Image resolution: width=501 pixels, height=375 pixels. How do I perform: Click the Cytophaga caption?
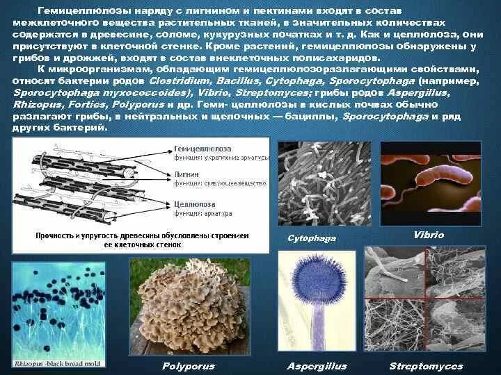pos(312,238)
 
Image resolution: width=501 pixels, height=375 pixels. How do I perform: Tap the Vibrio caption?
pos(428,235)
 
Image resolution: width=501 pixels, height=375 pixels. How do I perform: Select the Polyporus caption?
pos(187,366)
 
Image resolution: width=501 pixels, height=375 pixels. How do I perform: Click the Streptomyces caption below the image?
pos(425,366)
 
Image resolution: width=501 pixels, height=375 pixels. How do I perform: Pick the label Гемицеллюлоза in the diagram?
pos(209,149)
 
